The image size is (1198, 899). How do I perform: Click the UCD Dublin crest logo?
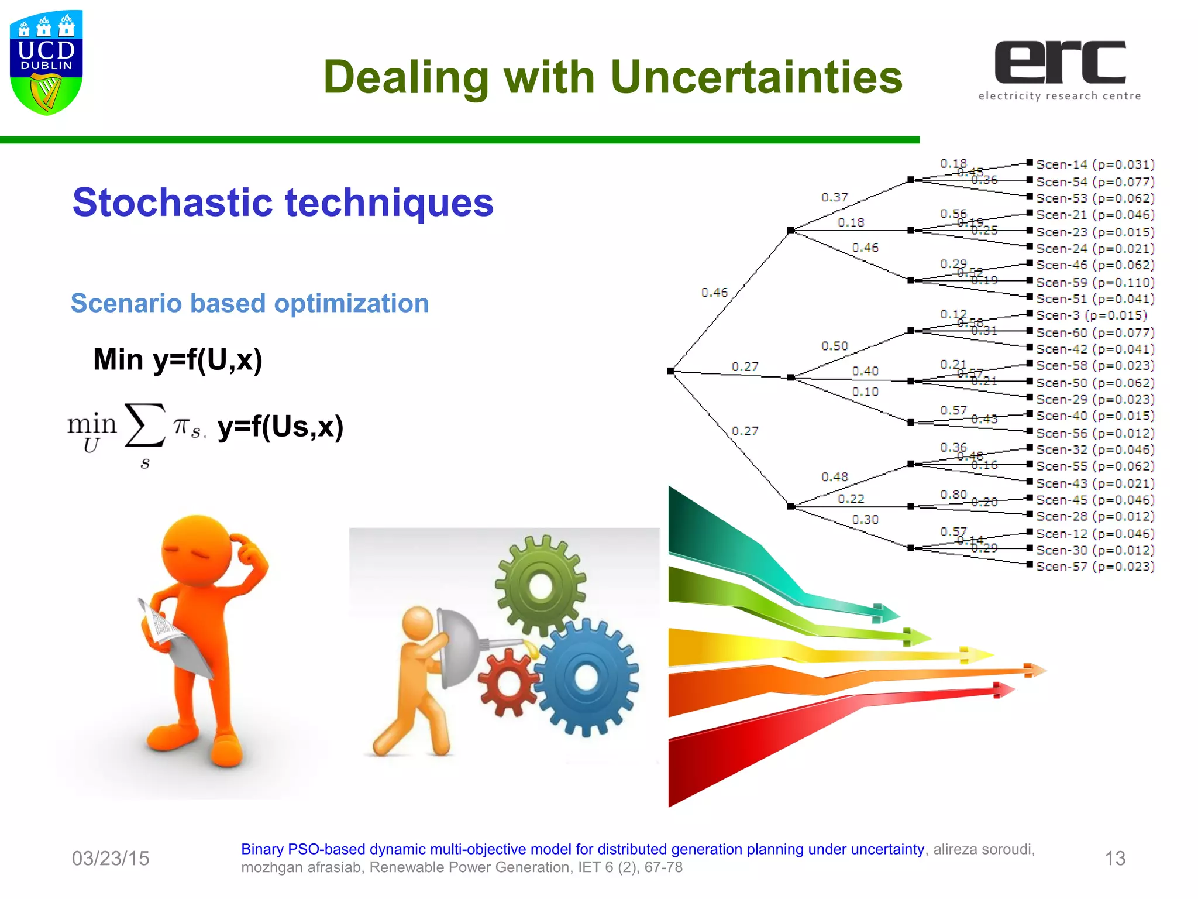click(46, 62)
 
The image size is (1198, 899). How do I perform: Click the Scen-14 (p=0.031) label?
click(1095, 164)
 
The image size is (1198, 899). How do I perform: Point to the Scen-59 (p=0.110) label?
click(1095, 282)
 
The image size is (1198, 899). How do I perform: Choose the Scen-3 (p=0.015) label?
click(1091, 315)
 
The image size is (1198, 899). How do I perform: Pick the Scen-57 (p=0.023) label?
click(1095, 567)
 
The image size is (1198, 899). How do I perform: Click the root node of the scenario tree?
click(670, 370)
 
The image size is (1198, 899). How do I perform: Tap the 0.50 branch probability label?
click(834, 346)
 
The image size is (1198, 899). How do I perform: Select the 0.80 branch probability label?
click(953, 495)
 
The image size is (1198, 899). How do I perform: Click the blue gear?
click(586, 677)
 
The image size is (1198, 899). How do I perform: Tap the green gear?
click(540, 585)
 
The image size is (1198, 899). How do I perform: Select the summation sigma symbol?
click(144, 426)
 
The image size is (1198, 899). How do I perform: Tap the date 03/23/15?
click(111, 859)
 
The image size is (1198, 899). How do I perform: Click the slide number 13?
click(1114, 859)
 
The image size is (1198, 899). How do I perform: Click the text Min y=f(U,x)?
click(178, 359)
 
